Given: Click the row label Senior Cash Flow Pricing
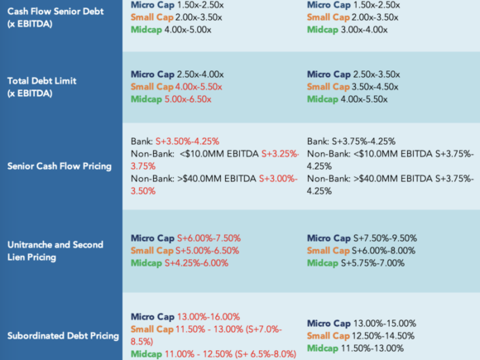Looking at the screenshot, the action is [60, 166].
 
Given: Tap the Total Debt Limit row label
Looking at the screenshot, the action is [41, 87].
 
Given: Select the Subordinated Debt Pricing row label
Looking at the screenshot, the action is [63, 336].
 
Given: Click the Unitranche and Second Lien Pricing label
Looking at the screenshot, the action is [55, 251].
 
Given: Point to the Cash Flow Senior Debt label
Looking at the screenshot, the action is [55, 17].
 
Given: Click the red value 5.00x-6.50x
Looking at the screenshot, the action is [188, 99].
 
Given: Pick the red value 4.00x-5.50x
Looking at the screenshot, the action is [199, 87].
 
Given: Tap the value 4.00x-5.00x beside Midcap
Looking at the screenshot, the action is [188, 30].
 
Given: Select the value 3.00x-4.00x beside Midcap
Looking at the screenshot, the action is [364, 30].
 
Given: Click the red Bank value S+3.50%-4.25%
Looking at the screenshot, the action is [187, 142].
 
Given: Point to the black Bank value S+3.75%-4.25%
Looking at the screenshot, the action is [363, 142].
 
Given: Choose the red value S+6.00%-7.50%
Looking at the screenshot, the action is [209, 238].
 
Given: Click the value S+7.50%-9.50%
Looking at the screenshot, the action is [385, 238].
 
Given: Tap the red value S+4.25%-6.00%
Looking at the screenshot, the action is [196, 263].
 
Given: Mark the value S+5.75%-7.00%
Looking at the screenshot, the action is [373, 263].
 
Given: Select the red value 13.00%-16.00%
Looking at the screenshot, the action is [209, 317].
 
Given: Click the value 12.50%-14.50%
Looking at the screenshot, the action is [383, 336].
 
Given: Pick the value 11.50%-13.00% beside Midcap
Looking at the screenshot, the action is [372, 348].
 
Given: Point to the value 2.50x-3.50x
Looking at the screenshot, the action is [377, 74].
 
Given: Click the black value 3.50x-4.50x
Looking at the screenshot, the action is [375, 87].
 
